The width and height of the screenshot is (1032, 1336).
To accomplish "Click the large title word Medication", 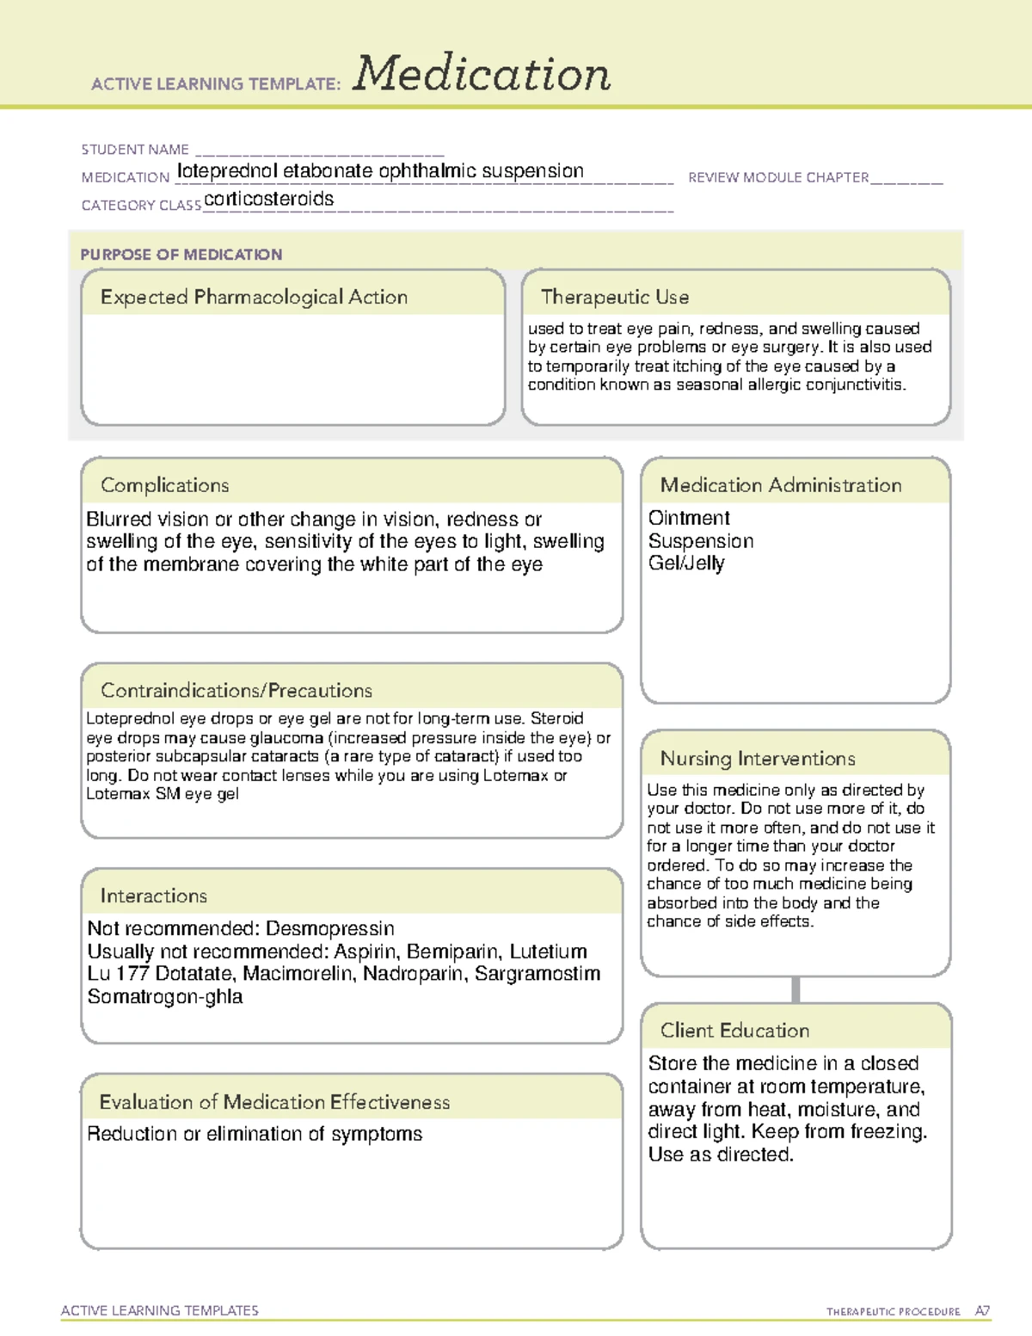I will tap(482, 74).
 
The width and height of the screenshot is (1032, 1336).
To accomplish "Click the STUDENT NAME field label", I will tap(135, 150).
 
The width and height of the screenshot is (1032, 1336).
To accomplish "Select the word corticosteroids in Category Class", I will tap(269, 199).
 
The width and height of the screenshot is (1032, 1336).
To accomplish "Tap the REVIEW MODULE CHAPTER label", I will tap(778, 177).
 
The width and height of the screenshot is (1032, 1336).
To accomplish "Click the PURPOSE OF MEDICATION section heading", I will tap(181, 255).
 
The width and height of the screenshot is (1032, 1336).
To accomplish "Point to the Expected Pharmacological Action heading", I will tap(254, 298).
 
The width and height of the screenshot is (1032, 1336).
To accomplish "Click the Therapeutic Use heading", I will tap(615, 298).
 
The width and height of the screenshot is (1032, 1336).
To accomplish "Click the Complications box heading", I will tap(165, 485).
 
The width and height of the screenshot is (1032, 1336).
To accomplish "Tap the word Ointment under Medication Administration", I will tap(689, 518).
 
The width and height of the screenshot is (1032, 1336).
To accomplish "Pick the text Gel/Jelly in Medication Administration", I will tap(686, 563).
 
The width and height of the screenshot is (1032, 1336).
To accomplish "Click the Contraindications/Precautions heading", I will tap(236, 691).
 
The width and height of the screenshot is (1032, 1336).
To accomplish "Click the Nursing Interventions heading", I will tap(758, 759).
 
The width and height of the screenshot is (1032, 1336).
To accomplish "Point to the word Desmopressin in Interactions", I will tap(330, 929).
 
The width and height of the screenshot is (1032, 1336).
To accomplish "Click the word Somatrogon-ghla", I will tap(165, 997).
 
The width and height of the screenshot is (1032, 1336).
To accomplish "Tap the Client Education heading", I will tap(734, 1031).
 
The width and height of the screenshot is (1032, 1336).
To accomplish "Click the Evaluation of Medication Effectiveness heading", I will tap(274, 1103).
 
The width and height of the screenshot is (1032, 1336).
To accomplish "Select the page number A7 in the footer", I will tap(982, 1311).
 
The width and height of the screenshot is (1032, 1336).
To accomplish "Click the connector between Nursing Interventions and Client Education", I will tap(795, 989).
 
